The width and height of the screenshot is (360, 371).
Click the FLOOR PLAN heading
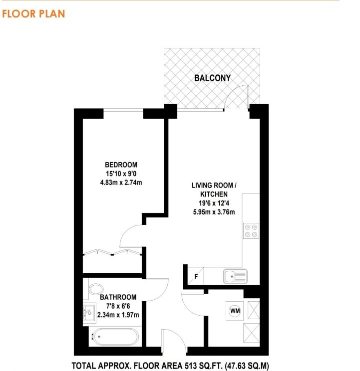pos(33,14)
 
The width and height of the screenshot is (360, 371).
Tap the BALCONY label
pos(212,78)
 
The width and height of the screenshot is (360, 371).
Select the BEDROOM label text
pos(121,165)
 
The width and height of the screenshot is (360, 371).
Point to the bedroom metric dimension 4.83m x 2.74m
pos(121,183)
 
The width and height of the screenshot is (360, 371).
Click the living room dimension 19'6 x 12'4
pos(214,203)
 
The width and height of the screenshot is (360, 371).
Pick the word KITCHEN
pos(214,194)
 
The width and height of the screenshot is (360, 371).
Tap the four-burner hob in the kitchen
pos(251,231)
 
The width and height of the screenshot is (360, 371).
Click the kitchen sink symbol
pos(235,276)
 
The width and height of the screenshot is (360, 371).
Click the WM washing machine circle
pos(235,311)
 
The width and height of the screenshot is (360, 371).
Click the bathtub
pos(115,337)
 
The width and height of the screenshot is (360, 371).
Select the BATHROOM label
pos(118,297)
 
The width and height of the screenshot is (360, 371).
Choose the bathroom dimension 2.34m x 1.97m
pos(118,315)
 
